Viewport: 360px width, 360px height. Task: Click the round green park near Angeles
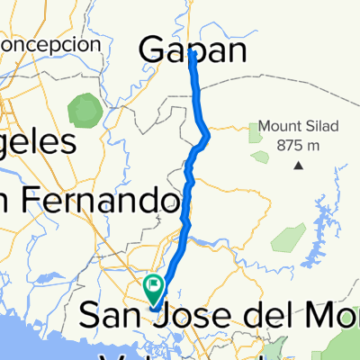[x=85, y=110]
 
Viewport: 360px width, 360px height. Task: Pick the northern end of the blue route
[x=193, y=54]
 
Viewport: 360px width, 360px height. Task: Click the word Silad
[x=315, y=126]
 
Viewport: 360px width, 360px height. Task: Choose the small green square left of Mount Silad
[x=255, y=133]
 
